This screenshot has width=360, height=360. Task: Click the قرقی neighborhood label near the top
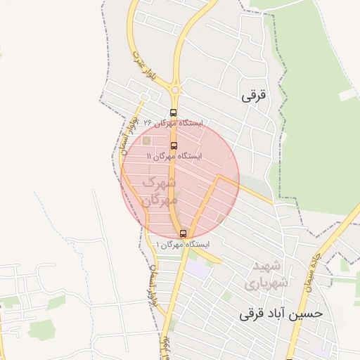tap(255, 96)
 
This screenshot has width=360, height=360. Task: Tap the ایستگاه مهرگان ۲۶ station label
tap(172, 122)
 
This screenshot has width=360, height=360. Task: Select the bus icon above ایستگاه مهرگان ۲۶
tap(174, 112)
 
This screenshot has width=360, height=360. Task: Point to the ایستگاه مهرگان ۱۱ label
tap(174, 155)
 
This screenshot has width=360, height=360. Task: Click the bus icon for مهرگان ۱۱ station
tap(174, 146)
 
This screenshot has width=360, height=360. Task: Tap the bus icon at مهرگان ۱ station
tap(183, 233)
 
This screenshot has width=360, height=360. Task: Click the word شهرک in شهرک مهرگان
tap(158, 184)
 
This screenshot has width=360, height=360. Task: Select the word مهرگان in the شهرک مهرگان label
tap(157, 200)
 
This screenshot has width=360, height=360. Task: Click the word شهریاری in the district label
tap(262, 285)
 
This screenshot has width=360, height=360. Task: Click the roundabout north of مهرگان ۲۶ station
tap(175, 90)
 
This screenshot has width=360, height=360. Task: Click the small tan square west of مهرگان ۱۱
tap(147, 141)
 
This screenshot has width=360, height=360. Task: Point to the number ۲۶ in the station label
tap(148, 122)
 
